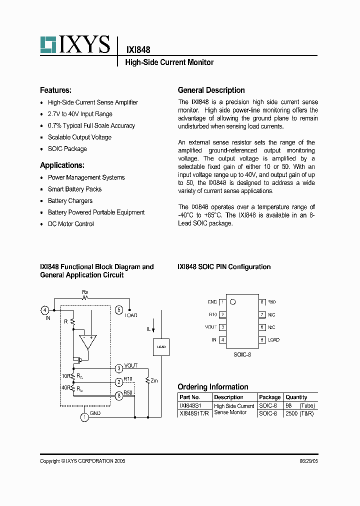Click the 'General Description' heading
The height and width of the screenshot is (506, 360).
[211, 90]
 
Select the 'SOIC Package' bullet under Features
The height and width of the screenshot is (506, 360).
[67, 149]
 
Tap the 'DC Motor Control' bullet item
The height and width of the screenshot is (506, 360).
[70, 224]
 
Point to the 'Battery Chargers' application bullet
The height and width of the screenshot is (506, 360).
[70, 201]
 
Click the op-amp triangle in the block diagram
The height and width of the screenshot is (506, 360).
[88, 342]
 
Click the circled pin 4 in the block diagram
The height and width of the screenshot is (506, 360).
[45, 310]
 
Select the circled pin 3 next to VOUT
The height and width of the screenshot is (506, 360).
[118, 369]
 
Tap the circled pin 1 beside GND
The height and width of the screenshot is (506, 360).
[85, 416]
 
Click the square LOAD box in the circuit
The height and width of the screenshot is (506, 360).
[161, 346]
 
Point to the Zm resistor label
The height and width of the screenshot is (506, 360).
[154, 380]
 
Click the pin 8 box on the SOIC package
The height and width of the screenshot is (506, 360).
[261, 302]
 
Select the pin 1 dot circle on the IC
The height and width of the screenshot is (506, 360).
[232, 302]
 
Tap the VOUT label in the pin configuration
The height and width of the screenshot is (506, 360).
[211, 327]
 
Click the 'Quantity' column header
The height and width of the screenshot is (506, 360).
[296, 397]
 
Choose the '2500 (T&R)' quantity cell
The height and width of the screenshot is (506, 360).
[299, 414]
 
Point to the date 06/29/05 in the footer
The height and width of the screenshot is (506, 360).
[308, 461]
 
